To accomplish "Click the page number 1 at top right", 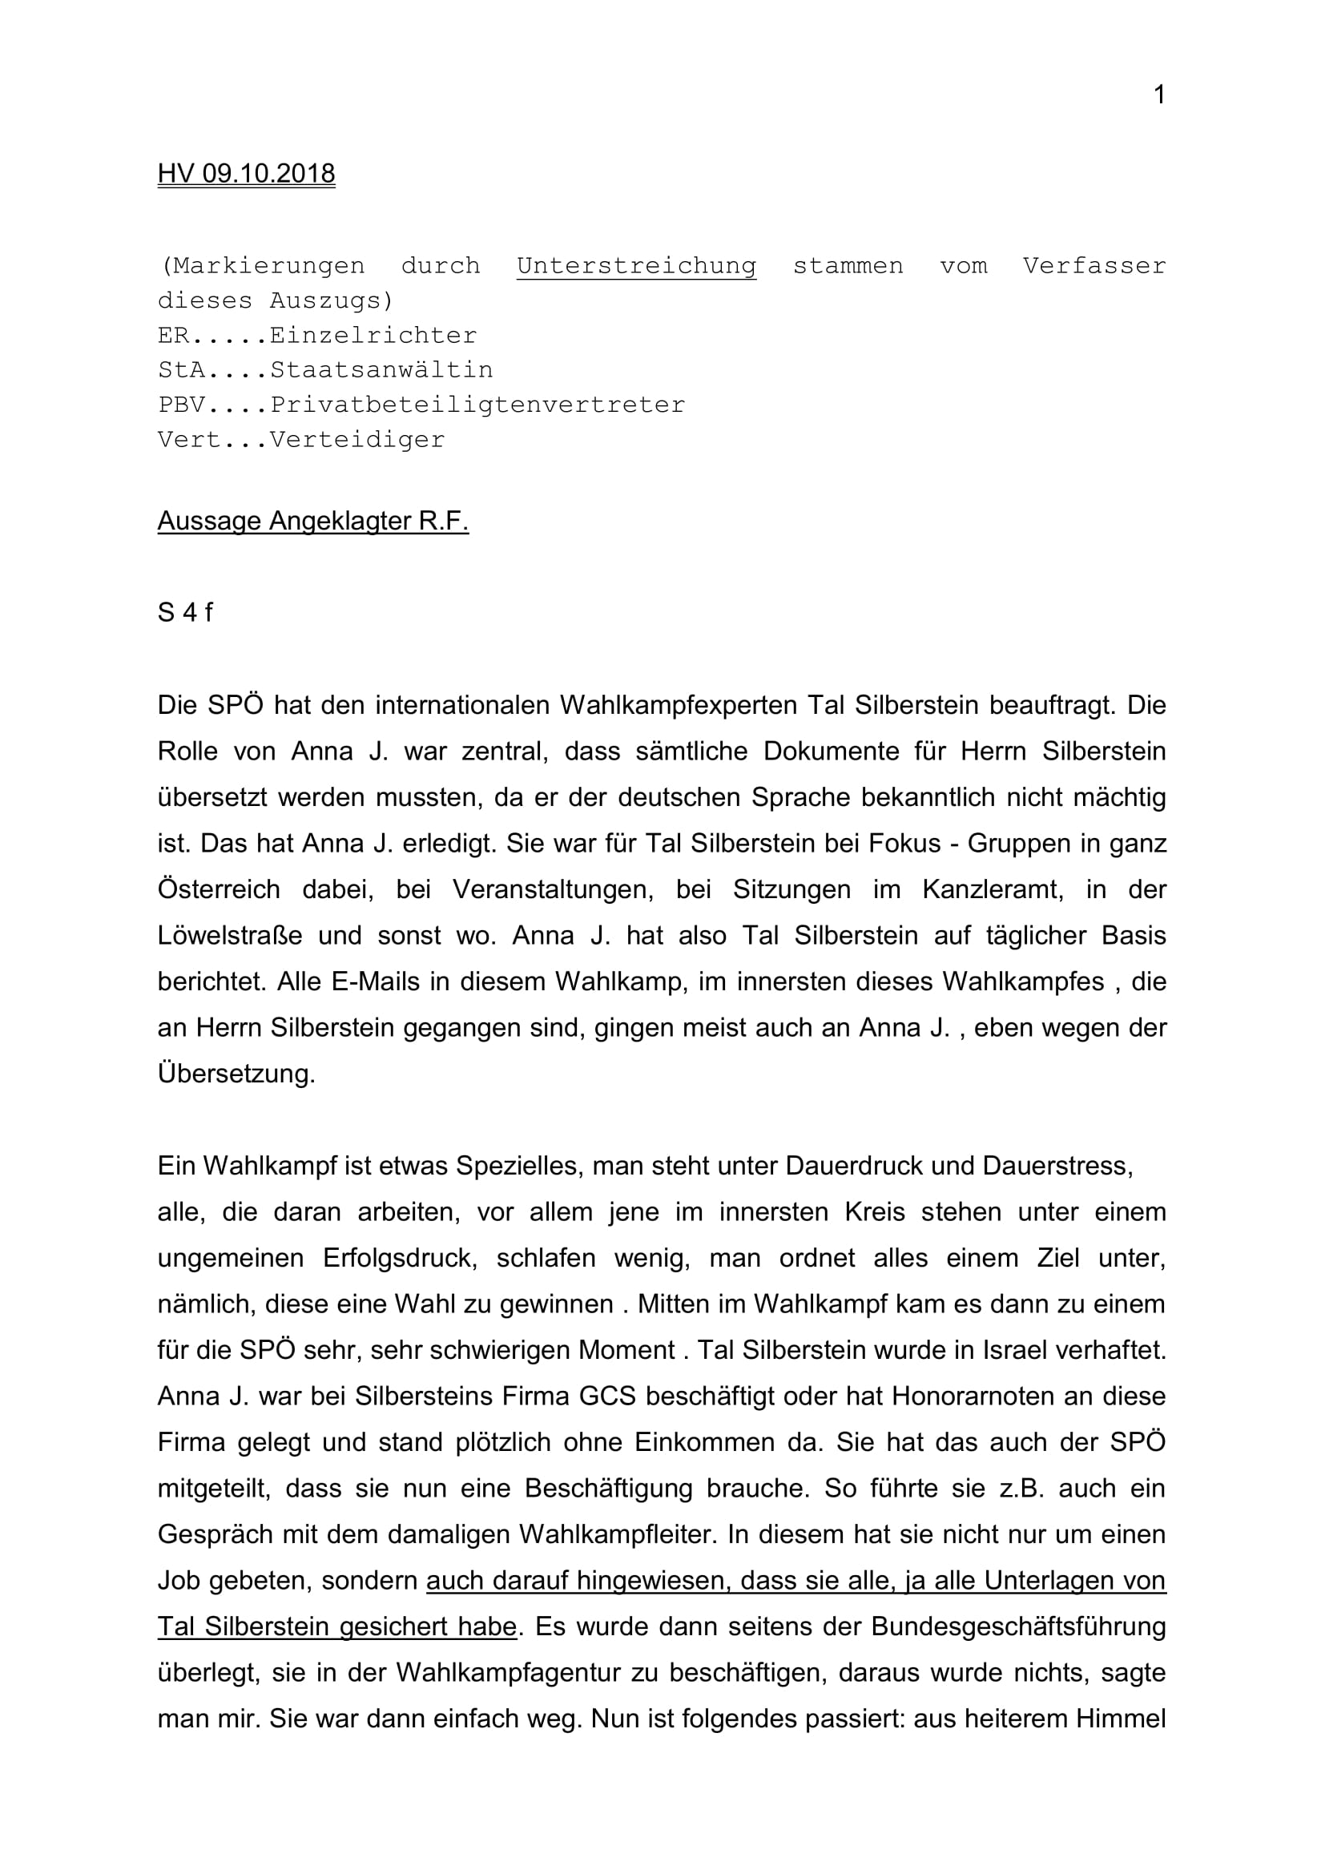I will tap(1158, 95).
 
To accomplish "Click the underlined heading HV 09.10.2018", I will tap(247, 174).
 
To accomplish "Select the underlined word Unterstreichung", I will tap(635, 266).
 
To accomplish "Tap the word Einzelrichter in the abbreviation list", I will tap(373, 336).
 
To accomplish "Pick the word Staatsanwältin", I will tap(381, 369).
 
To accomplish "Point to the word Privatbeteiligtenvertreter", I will tap(477, 405).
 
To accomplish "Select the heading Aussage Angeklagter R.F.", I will tap(312, 521).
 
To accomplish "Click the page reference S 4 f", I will tap(185, 612).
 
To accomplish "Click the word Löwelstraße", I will tap(229, 935).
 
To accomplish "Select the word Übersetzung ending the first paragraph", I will tap(236, 1074).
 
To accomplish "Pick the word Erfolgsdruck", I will tap(399, 1258).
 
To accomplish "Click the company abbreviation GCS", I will tap(607, 1396).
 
